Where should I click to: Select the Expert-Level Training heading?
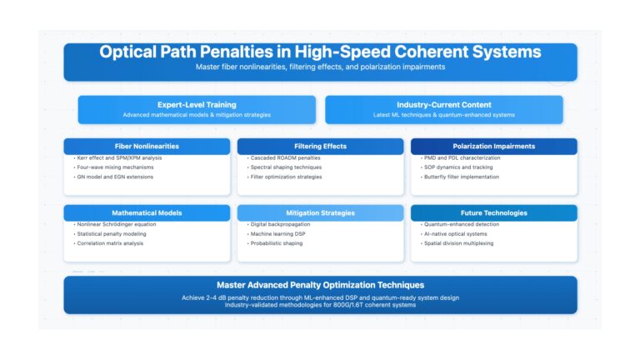click(x=197, y=105)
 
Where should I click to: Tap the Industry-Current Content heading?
click(x=444, y=105)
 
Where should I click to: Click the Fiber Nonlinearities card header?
click(x=147, y=146)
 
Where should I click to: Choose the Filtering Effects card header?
click(x=320, y=146)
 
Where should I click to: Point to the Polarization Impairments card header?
click(x=494, y=146)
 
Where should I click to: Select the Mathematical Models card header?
click(x=147, y=212)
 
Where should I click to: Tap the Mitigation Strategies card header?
click(x=320, y=212)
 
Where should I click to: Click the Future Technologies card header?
click(x=494, y=212)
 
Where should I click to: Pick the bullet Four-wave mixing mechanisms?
click(x=114, y=167)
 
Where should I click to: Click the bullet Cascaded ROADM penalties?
click(x=283, y=158)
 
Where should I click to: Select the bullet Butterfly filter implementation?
click(x=460, y=177)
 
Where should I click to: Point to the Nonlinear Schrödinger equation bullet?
click(x=115, y=224)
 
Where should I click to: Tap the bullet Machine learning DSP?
click(x=277, y=234)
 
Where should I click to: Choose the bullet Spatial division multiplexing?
click(x=457, y=243)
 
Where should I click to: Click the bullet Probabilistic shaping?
click(x=275, y=243)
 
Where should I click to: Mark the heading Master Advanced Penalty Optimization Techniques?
click(x=320, y=285)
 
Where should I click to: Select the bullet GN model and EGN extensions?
click(x=113, y=177)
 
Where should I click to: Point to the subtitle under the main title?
click(x=320, y=67)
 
